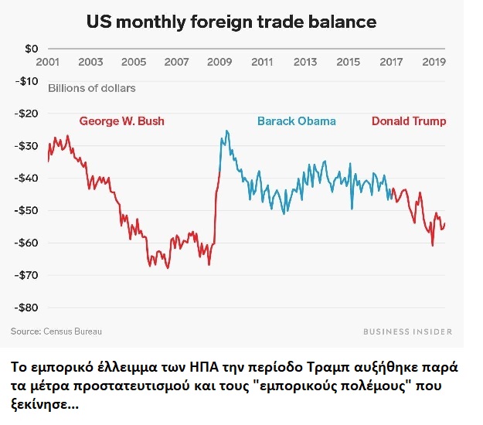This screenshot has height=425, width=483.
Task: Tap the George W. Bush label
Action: [x=121, y=121]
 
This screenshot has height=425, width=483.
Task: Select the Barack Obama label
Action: [x=297, y=121]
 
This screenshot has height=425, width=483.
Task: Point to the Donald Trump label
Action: [x=409, y=121]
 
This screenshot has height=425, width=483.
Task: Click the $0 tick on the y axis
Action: [x=31, y=49]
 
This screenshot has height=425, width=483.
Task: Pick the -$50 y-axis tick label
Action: [x=29, y=210]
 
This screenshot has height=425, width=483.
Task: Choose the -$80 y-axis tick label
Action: [x=29, y=307]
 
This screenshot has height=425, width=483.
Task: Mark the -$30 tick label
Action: [x=29, y=145]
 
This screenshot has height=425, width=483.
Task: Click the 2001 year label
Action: [x=48, y=62]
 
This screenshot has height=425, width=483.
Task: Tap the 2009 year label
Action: [x=220, y=62]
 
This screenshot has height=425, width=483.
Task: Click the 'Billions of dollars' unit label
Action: [x=92, y=88]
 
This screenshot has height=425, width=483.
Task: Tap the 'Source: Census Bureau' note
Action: [x=56, y=331]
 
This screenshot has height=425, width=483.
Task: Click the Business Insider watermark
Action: [x=407, y=331]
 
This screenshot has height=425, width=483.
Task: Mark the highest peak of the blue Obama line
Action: [x=226, y=131]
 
